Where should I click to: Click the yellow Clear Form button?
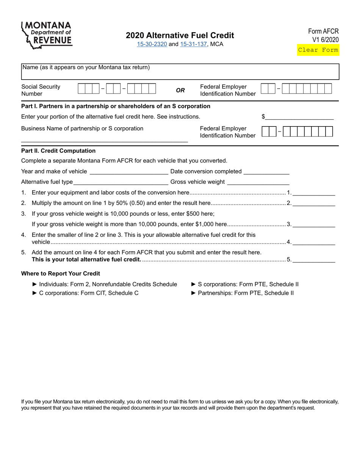[318, 50]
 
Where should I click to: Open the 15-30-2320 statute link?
[152, 44]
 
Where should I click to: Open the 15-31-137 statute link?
[193, 44]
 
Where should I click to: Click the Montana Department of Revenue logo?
[47, 35]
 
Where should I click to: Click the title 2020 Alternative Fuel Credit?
[180, 35]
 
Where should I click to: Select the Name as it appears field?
[180, 72]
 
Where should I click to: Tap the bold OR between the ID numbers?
[180, 90]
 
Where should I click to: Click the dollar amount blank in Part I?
[299, 117]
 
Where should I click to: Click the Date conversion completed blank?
[266, 171]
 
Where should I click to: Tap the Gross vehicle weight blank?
[258, 182]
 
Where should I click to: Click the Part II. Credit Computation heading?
[58, 151]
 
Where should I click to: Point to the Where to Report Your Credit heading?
[61, 274]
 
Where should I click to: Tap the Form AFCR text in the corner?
[323, 31]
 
